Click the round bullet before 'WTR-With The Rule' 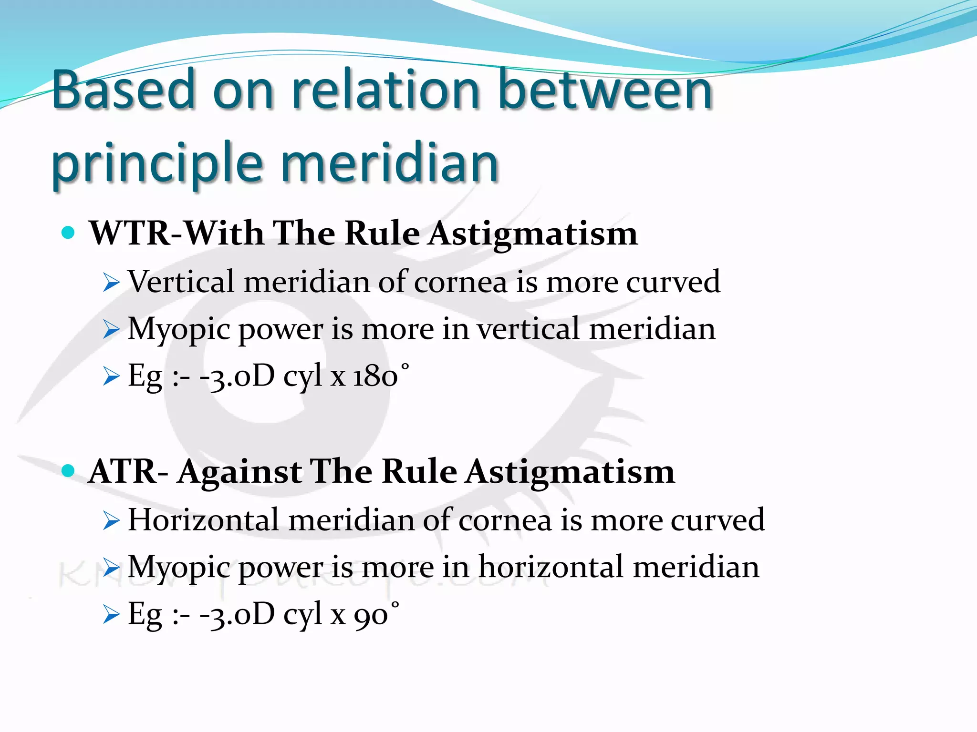point(69,233)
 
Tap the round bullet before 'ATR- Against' point(69,471)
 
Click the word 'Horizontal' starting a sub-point point(203,519)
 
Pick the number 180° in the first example point(381,376)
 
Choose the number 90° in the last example point(376,614)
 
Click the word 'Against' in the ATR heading point(239,472)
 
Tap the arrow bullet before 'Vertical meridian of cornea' point(111,283)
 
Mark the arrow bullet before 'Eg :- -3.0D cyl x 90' point(111,615)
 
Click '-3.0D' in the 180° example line point(237,376)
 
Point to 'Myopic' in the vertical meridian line point(178,330)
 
